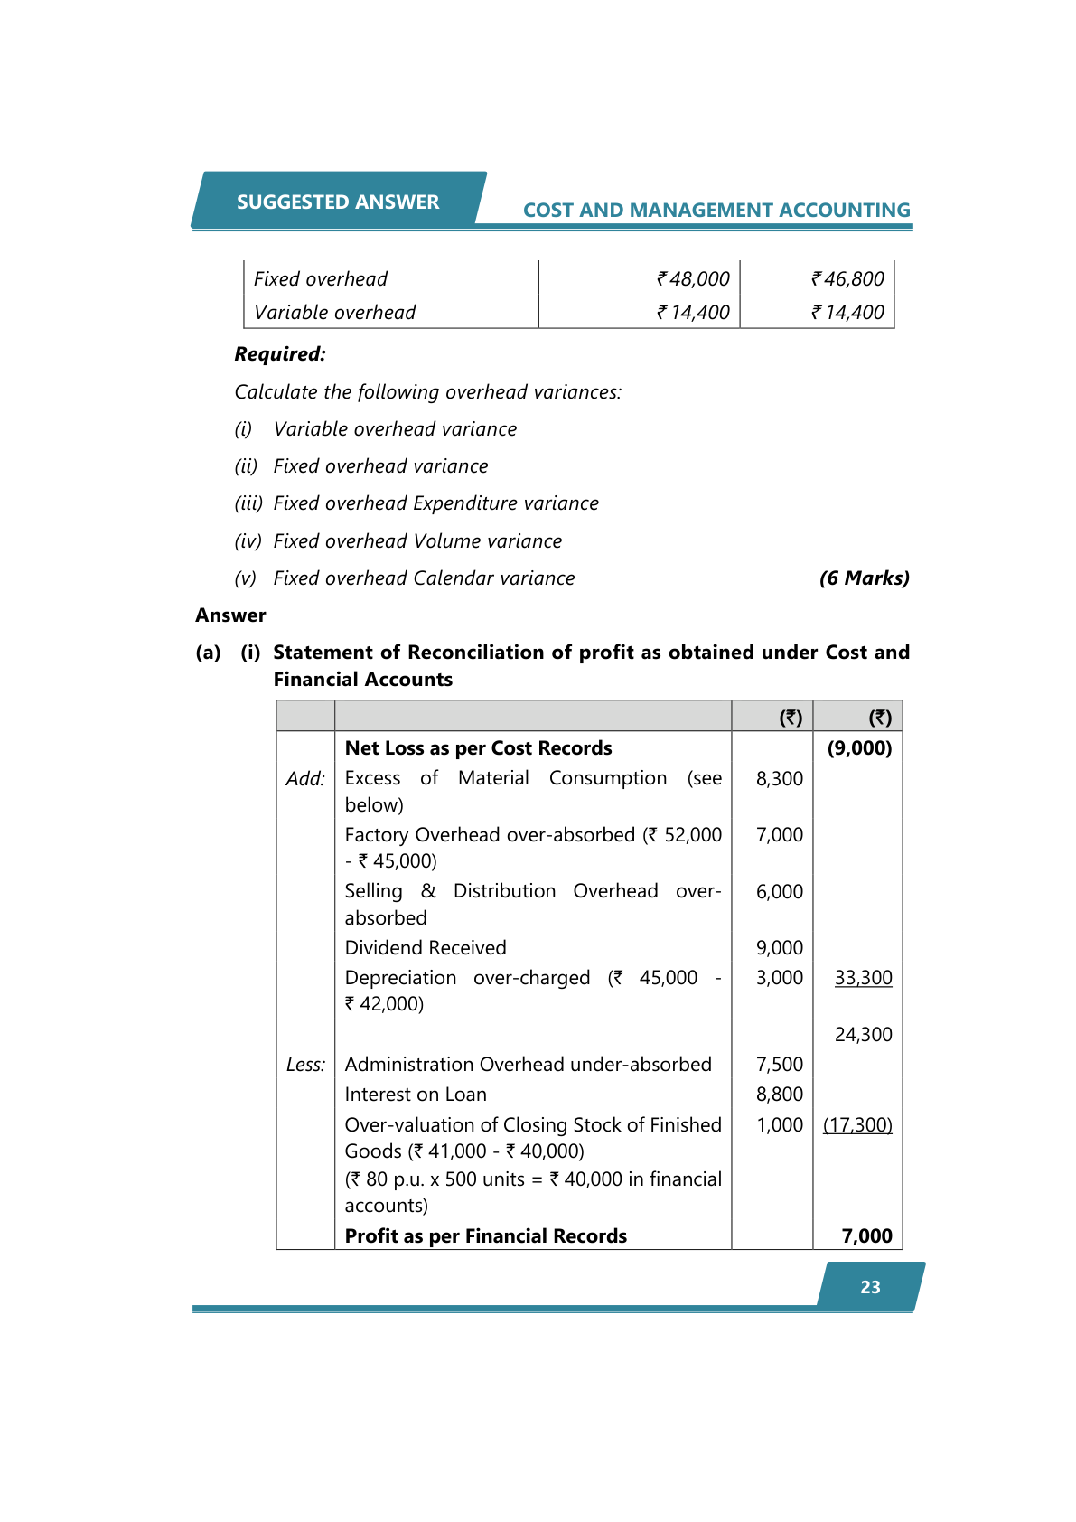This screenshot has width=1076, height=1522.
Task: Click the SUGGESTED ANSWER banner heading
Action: click(338, 202)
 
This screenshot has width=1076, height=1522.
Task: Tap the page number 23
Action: click(870, 1287)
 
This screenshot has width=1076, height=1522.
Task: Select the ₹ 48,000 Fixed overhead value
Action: click(693, 279)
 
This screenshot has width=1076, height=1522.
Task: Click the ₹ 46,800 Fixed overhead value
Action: click(847, 279)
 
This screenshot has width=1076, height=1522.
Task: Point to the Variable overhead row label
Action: click(334, 313)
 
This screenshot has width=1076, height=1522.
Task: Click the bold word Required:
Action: click(280, 354)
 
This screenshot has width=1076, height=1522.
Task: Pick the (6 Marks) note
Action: click(864, 578)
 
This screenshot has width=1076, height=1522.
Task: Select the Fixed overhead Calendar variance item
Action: click(424, 578)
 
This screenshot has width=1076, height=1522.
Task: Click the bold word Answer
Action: click(230, 615)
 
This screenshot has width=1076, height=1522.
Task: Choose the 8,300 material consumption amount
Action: click(779, 779)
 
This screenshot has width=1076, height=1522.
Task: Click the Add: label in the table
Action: click(305, 779)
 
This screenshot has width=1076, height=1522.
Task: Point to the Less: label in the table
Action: click(305, 1065)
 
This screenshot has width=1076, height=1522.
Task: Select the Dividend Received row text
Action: click(426, 948)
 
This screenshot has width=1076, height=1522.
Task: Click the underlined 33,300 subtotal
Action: click(863, 978)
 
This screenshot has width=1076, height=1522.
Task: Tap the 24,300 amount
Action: click(863, 1035)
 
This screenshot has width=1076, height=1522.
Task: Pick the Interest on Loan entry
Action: click(416, 1095)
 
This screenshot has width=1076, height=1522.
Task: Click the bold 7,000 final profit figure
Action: click(866, 1236)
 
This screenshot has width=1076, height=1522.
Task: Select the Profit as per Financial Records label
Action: click(485, 1236)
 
